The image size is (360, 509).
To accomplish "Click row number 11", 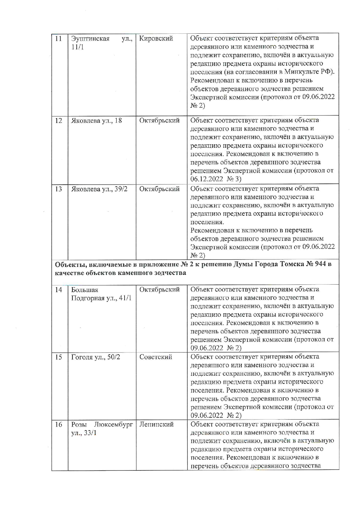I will pos(58,39).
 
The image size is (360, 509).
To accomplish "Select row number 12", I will pos(58,120).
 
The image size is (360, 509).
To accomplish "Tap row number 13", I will pos(58,189).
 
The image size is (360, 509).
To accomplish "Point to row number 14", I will pos(58,290).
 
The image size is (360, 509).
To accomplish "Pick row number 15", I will pos(58,357).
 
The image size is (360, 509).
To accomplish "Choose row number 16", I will pos(58,425).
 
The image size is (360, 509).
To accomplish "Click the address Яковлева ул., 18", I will pos(96,120).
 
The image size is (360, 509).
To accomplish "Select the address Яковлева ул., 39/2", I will pos(99,189).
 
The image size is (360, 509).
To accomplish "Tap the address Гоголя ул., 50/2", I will pos(96,357).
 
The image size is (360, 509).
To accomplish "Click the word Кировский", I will pos(156,39).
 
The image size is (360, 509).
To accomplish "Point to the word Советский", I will pos(156,357).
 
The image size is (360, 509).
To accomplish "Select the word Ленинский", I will pos(156,425).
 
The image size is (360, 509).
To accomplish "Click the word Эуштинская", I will pos(90,39).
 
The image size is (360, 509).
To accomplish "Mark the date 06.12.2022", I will pos(207,179).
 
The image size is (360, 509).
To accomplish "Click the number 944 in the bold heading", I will pos(320,264).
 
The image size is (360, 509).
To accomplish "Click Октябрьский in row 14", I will pos(159,290).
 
